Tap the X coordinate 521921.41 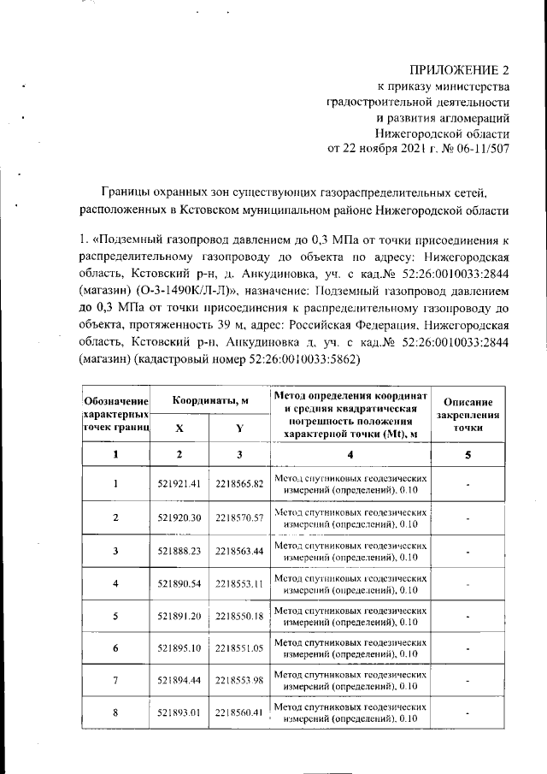[179, 483]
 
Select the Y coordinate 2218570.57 [238, 517]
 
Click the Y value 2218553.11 [238, 583]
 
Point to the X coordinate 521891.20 [179, 616]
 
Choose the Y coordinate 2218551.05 [238, 649]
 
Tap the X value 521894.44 [179, 682]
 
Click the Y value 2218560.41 [238, 715]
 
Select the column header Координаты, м [209, 401]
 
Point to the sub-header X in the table [179, 428]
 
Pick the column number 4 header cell [350, 455]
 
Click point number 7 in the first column [115, 682]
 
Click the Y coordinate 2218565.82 [238, 483]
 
